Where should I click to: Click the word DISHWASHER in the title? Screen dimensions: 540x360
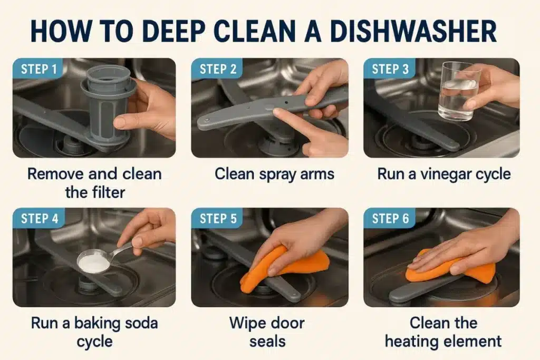pyautogui.click(x=413, y=31)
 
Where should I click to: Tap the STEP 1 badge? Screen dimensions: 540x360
pyautogui.click(x=38, y=69)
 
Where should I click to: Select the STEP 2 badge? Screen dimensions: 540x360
pyautogui.click(x=217, y=69)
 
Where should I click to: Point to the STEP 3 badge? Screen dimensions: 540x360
pyautogui.click(x=390, y=69)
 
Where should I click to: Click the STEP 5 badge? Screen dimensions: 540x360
pyautogui.click(x=217, y=218)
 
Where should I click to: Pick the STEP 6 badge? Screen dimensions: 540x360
pyautogui.click(x=390, y=218)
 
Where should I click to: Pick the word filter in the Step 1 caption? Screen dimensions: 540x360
pyautogui.click(x=107, y=192)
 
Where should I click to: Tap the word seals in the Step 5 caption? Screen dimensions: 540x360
pyautogui.click(x=267, y=342)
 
